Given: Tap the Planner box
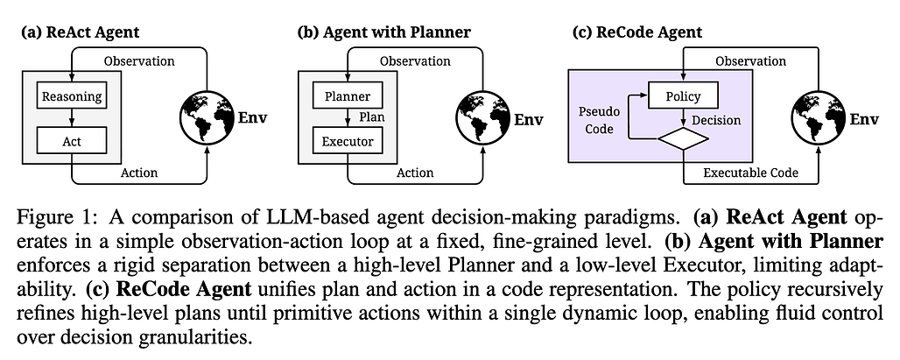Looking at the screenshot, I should pos(348,95).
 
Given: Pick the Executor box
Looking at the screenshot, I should pos(348,139).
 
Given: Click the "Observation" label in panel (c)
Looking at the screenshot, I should pos(751,60).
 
